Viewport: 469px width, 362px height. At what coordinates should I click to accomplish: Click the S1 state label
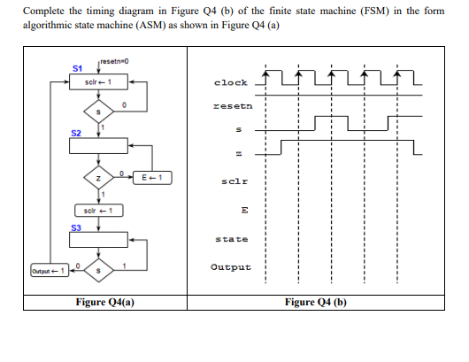[x=77, y=68]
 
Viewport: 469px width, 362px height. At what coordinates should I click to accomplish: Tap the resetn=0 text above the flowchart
[x=112, y=60]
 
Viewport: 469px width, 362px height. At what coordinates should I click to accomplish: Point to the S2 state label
[x=77, y=132]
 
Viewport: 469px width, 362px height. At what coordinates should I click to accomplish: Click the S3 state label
[x=77, y=227]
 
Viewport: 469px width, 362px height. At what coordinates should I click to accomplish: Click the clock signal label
[x=231, y=82]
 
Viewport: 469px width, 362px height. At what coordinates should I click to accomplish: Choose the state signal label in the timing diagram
[x=231, y=239]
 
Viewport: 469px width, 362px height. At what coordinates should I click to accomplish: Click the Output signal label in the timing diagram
[x=231, y=266]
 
